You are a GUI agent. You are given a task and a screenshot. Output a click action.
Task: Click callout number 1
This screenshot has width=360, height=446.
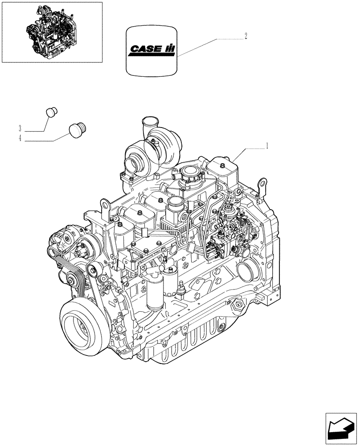tap(266, 145)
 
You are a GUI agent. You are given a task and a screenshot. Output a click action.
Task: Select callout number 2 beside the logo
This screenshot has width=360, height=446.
tap(245, 36)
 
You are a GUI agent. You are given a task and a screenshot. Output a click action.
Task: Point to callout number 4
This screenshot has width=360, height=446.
tap(20, 139)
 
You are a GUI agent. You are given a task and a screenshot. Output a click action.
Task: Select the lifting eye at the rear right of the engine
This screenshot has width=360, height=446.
tap(262, 184)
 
